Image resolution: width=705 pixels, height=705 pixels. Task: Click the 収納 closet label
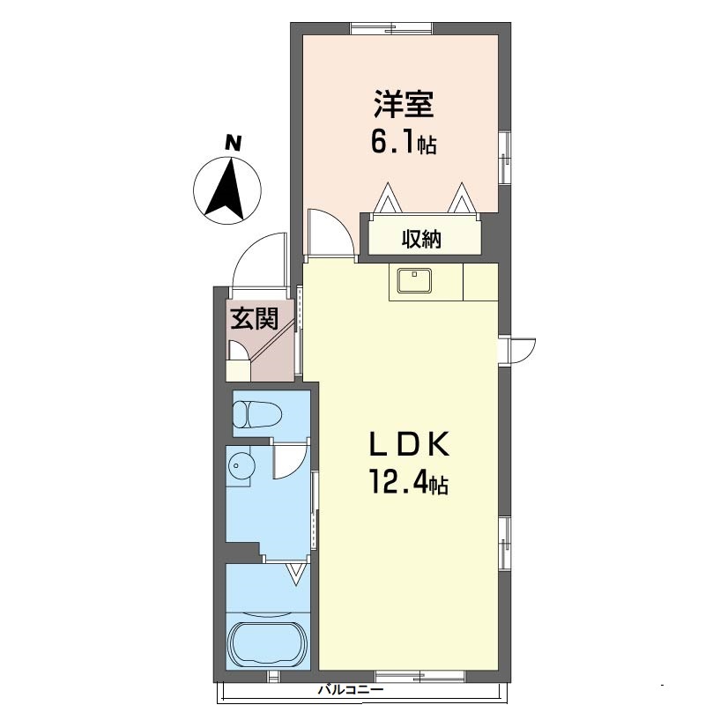pos(422,238)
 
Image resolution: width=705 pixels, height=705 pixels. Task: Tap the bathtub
pos(268,640)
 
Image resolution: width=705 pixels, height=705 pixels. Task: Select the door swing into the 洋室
pos(331,233)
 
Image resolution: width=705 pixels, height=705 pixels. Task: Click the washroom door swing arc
pos(289,462)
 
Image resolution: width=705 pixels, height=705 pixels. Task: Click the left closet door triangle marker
pos(387,198)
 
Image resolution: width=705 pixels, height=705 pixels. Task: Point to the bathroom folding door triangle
pos(298,575)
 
